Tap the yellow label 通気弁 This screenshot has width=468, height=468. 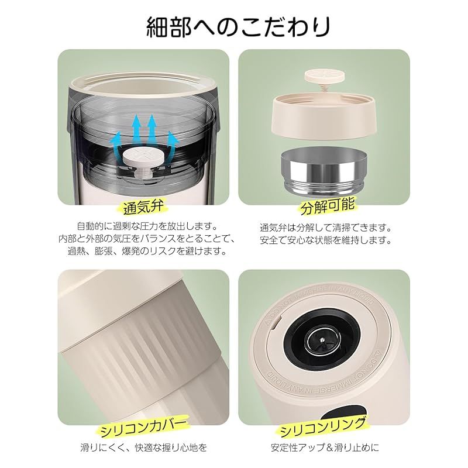146,207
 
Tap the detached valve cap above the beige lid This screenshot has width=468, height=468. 322,76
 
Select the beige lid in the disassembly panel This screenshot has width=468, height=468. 323,114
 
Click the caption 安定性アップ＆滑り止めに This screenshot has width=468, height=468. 325,449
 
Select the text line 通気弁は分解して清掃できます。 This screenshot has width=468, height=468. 325,227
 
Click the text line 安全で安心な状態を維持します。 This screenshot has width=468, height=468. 325,240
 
